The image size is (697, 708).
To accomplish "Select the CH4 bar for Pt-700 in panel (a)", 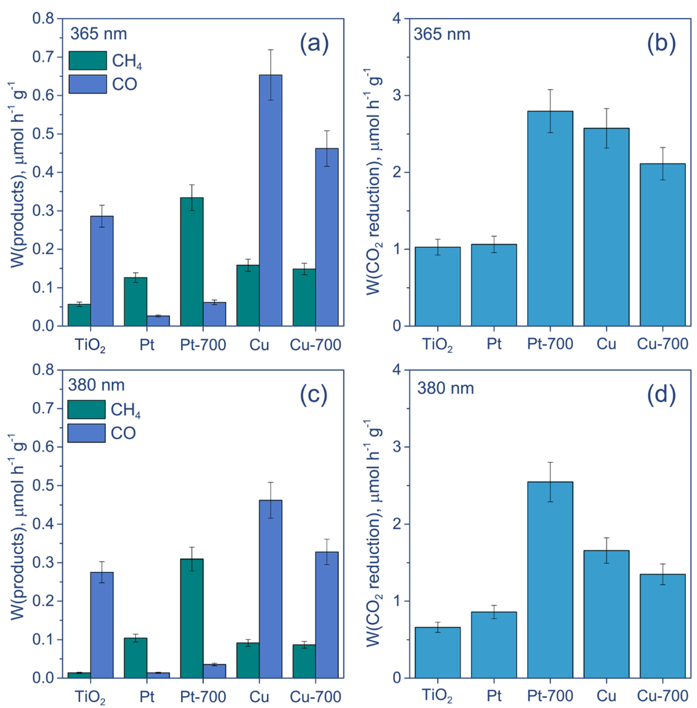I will [192, 262].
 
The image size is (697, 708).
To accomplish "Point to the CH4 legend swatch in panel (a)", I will [88, 60].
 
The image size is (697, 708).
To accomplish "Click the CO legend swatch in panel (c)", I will [86, 433].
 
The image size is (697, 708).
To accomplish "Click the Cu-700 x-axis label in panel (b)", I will [663, 344].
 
